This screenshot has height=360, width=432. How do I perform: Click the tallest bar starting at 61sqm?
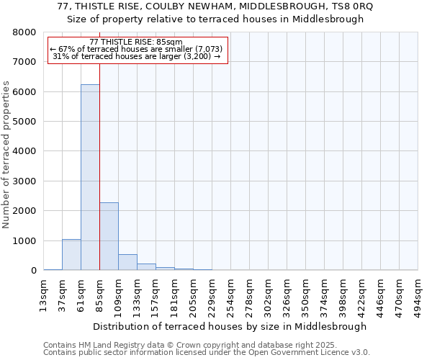click(90, 177)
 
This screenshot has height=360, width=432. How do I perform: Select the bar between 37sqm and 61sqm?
click(71, 255)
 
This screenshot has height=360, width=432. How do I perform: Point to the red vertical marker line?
click(99, 166)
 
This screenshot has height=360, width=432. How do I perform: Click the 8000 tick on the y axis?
click(25, 32)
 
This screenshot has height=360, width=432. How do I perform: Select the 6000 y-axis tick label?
click(25, 92)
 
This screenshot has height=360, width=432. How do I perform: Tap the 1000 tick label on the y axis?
click(25, 241)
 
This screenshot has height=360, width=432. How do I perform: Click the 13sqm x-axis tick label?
click(43, 293)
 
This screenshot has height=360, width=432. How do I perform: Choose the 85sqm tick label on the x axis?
click(99, 293)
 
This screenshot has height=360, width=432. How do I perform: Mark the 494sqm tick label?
click(418, 293)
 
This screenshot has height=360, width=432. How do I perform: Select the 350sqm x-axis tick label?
click(305, 293)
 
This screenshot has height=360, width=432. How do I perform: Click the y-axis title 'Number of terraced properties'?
click(6, 155)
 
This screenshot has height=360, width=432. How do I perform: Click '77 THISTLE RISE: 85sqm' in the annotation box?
click(136, 42)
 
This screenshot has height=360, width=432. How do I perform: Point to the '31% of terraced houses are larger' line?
click(136, 56)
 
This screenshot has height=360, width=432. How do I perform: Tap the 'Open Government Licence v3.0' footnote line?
click(207, 353)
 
